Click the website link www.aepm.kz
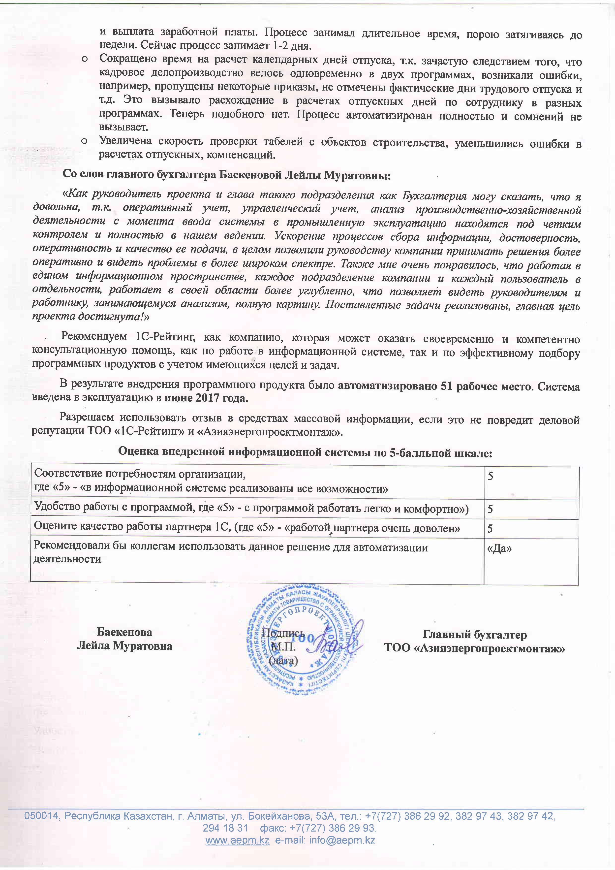click(237, 840)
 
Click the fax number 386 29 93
click(353, 828)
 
